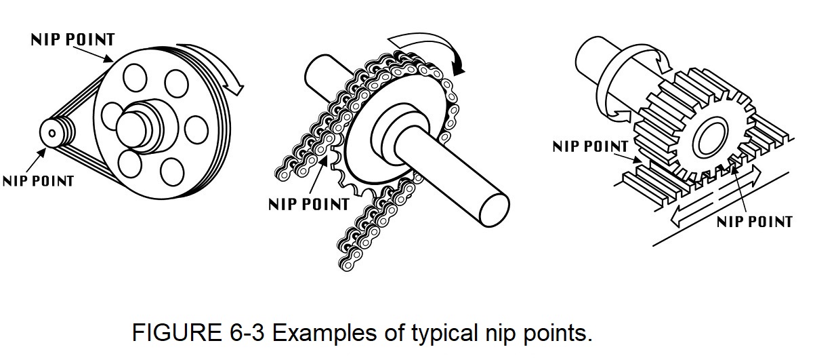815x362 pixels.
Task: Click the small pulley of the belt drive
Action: (53, 132)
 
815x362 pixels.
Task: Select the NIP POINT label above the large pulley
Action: (73, 39)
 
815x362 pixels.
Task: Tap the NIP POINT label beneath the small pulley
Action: (38, 181)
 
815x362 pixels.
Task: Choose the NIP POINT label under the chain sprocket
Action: (308, 203)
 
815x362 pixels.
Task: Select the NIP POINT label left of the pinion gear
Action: (590, 146)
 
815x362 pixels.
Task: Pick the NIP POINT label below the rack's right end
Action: (754, 222)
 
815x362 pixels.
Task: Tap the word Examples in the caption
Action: (321, 334)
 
